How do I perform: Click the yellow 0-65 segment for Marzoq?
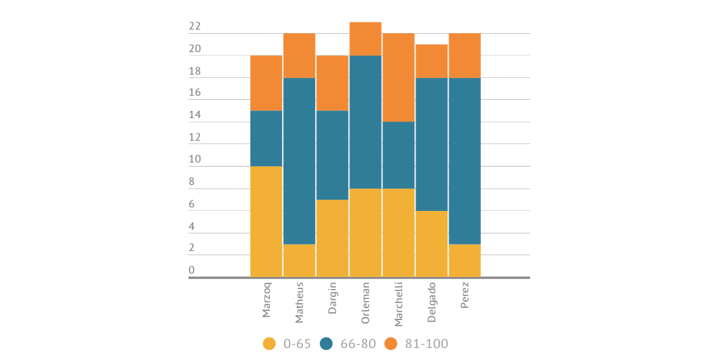(x=266, y=221)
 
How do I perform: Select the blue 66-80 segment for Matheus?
(x=300, y=161)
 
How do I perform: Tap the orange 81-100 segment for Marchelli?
(x=399, y=77)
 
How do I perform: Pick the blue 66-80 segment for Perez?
(x=465, y=161)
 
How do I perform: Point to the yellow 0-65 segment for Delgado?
(x=432, y=244)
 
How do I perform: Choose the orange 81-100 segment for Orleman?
(x=366, y=39)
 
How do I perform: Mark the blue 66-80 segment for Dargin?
(x=333, y=155)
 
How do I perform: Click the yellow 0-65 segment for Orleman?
(x=366, y=233)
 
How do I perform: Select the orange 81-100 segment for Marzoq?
(x=266, y=83)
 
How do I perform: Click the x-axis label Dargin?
(x=333, y=299)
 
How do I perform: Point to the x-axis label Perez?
(x=465, y=296)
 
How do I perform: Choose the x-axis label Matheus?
(x=300, y=303)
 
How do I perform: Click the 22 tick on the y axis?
(x=195, y=27)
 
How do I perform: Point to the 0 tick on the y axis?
(x=191, y=271)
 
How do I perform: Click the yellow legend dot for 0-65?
(x=269, y=344)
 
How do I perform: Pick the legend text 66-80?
(x=359, y=344)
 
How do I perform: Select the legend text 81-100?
(x=426, y=344)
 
